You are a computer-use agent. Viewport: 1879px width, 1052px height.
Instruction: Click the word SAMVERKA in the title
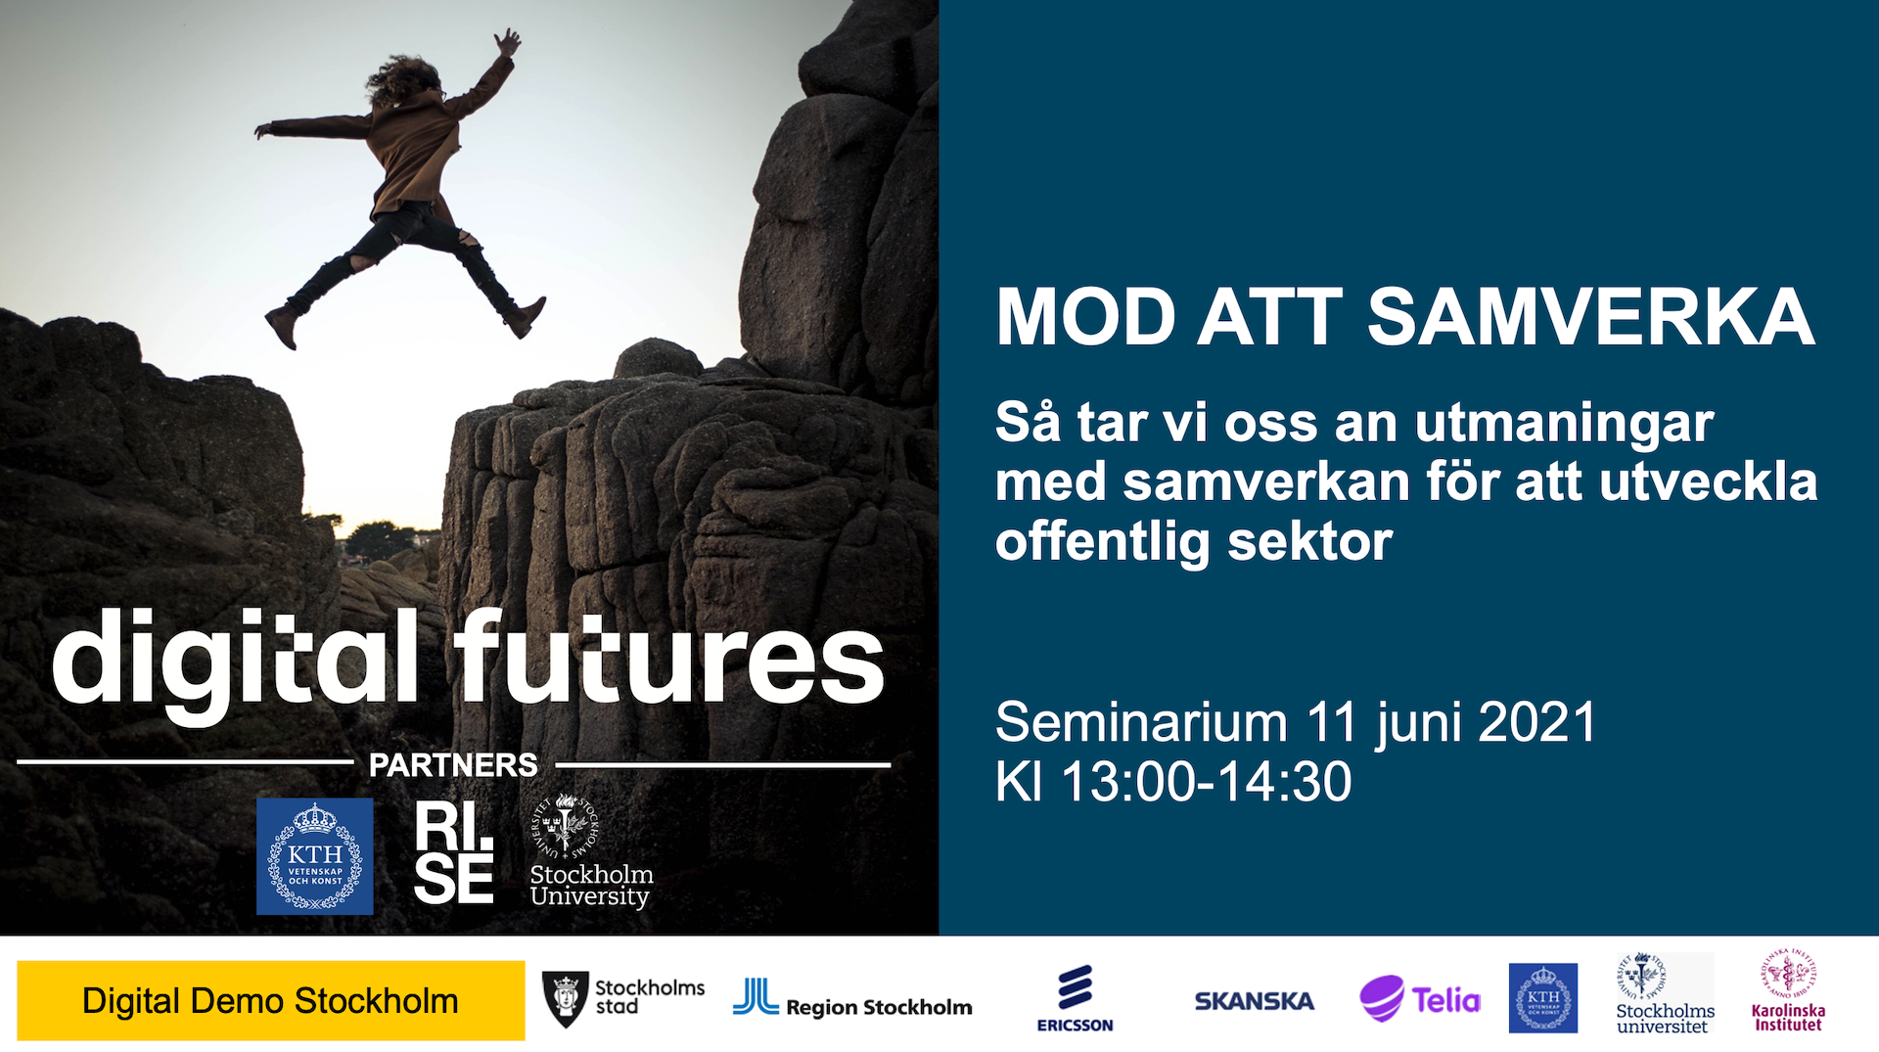click(x=1591, y=317)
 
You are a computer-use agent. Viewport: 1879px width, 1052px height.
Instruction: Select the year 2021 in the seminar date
click(x=1537, y=722)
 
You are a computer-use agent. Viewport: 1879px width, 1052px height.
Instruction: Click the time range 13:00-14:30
click(x=1207, y=782)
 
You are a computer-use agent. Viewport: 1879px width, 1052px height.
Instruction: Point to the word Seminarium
click(x=1141, y=722)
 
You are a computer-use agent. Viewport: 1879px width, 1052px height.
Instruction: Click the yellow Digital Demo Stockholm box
click(x=271, y=1000)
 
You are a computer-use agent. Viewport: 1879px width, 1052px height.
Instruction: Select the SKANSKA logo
click(x=1254, y=1001)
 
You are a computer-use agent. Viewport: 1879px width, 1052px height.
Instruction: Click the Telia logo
click(x=1420, y=999)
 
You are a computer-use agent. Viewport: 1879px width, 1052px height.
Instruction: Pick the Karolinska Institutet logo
click(x=1788, y=990)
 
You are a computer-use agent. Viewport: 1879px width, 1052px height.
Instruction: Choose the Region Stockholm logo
click(x=852, y=999)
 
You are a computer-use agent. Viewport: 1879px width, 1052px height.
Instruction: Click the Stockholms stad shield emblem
click(x=565, y=999)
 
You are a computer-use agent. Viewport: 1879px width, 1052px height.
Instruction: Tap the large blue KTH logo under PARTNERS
click(x=315, y=856)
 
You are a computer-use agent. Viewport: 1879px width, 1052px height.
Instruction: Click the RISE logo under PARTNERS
click(x=453, y=852)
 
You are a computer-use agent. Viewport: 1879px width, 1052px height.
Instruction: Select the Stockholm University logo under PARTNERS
click(x=591, y=851)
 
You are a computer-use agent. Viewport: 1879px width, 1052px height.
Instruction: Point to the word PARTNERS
click(x=453, y=764)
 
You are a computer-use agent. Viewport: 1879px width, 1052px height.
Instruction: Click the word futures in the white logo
click(x=668, y=656)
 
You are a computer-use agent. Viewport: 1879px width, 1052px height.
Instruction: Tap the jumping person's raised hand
click(x=508, y=42)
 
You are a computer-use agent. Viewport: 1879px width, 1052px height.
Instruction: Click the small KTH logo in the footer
click(x=1543, y=998)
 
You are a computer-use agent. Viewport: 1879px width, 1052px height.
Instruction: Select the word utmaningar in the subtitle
click(x=1564, y=425)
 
